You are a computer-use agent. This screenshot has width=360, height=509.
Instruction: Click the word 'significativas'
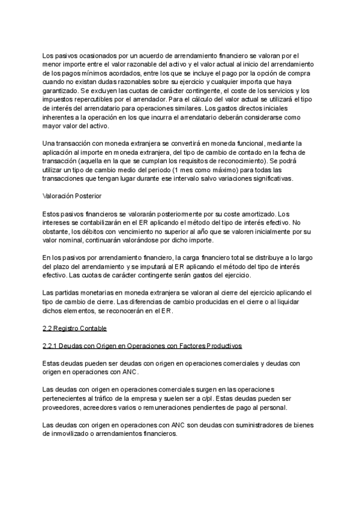(271, 178)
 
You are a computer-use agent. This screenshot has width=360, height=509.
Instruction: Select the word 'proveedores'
(62, 408)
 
